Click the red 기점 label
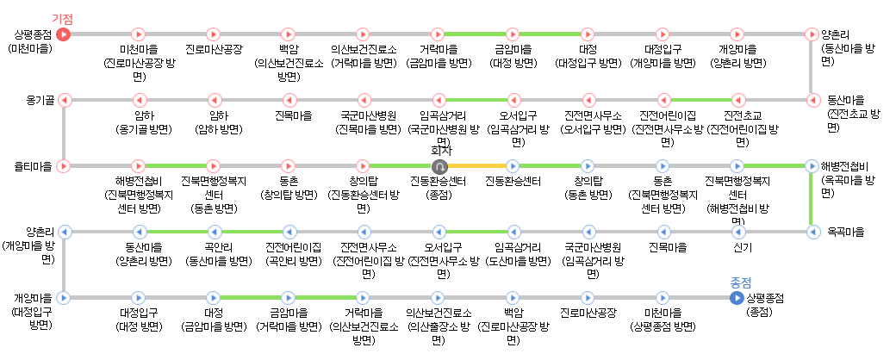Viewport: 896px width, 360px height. point(62,18)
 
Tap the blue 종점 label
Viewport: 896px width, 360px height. point(740,282)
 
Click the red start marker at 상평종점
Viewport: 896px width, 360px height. point(64,34)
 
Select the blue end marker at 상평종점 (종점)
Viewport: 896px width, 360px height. point(736,298)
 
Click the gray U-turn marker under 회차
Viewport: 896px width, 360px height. point(439,165)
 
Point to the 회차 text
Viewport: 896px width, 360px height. point(440,150)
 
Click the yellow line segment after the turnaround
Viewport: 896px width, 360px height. point(476,165)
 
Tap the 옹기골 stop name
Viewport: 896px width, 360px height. point(40,100)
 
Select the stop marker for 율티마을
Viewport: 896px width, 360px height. point(64,165)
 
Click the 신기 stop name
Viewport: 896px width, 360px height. point(742,248)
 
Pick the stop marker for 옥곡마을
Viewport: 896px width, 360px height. point(811,232)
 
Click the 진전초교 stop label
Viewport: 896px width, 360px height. point(743,115)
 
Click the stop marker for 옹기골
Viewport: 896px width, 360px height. point(64,100)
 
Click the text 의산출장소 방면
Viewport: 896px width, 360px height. point(439,326)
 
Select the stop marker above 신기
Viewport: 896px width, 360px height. point(737,232)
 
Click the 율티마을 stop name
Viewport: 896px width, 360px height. point(33,165)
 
